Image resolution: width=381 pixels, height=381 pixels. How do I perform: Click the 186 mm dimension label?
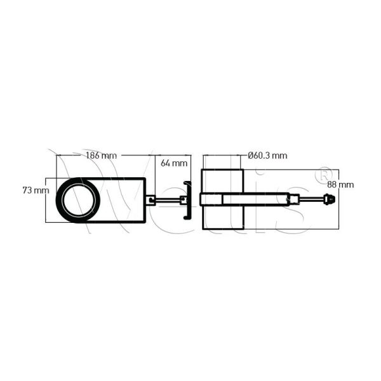(x=100, y=155)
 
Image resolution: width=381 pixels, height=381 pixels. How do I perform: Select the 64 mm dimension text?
(x=174, y=163)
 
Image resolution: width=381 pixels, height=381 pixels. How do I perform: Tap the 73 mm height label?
(x=36, y=190)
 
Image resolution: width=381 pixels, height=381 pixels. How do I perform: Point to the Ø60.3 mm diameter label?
(x=267, y=155)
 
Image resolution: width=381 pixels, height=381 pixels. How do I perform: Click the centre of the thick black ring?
(x=79, y=199)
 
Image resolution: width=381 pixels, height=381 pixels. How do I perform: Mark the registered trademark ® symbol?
(x=323, y=173)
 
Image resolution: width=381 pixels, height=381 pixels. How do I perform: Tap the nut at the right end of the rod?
(x=330, y=200)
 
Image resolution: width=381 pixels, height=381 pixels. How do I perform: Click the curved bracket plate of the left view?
(x=187, y=200)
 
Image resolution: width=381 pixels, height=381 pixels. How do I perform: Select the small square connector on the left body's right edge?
(x=150, y=200)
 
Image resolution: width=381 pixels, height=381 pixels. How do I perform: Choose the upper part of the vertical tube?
(x=222, y=180)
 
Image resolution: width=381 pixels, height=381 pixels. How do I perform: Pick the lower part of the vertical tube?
(x=222, y=219)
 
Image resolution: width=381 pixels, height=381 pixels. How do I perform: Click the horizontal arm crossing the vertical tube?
(x=248, y=200)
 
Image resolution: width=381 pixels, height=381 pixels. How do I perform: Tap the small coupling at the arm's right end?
(x=295, y=200)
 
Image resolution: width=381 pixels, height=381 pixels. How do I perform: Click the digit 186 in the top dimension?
(x=93, y=155)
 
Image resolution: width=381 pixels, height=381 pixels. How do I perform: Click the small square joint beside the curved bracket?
(x=183, y=200)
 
